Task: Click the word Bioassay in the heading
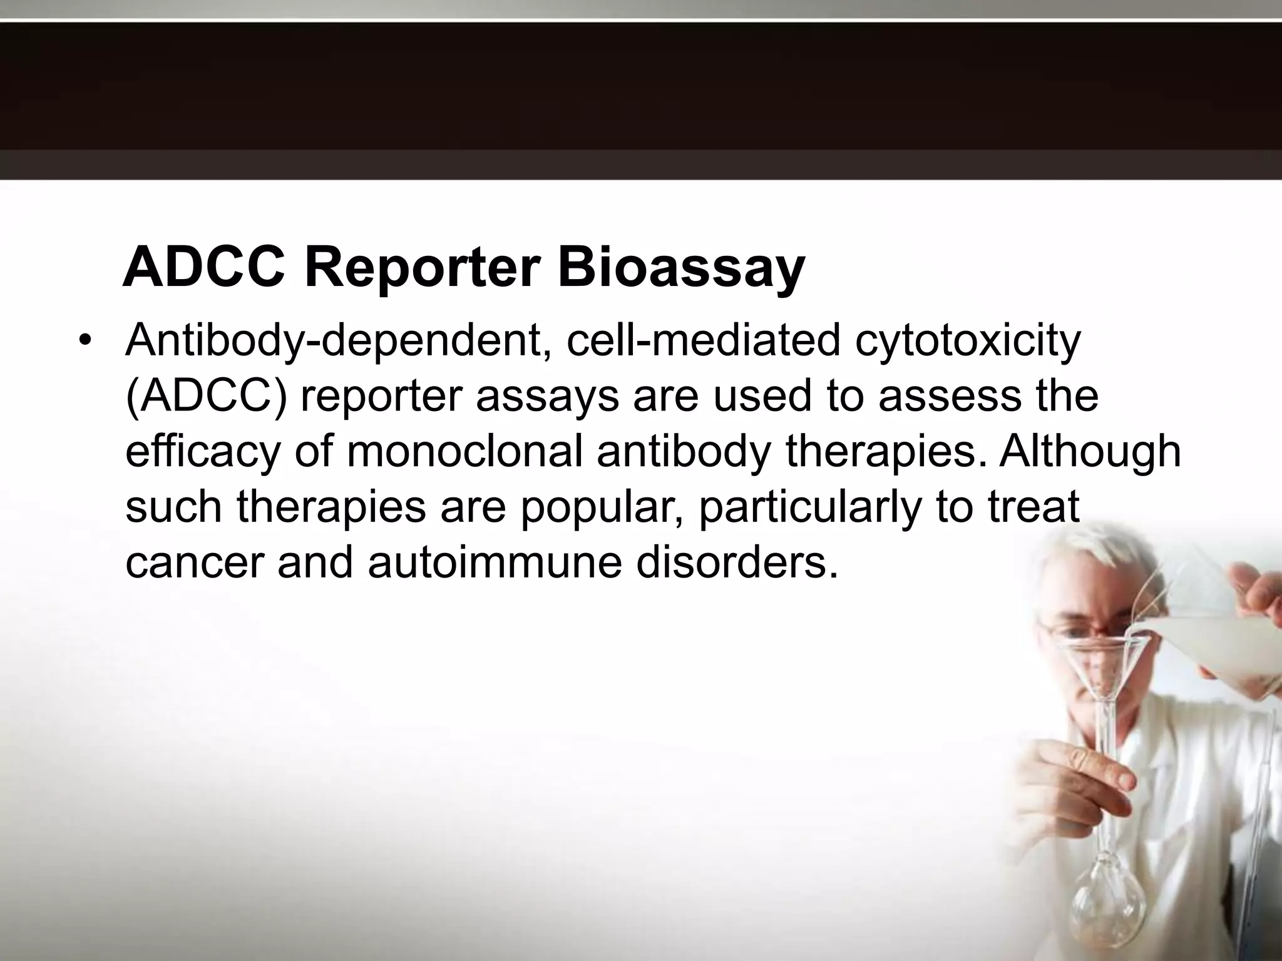coord(680,267)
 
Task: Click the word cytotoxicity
coord(968,341)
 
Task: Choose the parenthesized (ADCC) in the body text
coord(206,396)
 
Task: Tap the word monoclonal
coord(463,451)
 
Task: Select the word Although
coord(1089,451)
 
